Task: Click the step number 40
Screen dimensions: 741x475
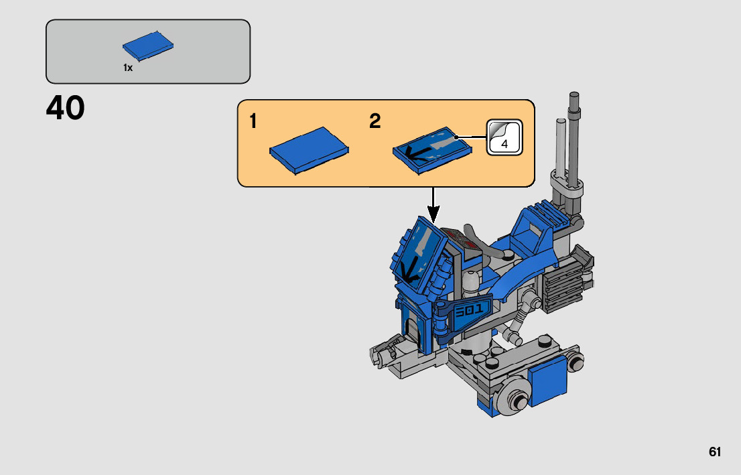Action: click(65, 109)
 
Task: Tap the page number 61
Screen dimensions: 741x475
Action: click(714, 452)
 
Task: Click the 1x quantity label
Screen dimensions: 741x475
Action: click(127, 68)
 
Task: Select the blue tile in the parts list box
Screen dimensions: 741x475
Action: click(148, 46)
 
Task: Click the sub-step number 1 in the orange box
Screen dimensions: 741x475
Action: click(253, 121)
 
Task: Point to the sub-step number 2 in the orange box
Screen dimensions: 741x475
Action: click(375, 121)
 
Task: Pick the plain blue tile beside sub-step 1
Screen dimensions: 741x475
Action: click(309, 150)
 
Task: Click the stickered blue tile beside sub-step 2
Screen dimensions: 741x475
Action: click(432, 150)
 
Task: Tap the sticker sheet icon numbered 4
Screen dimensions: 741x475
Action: click(504, 137)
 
